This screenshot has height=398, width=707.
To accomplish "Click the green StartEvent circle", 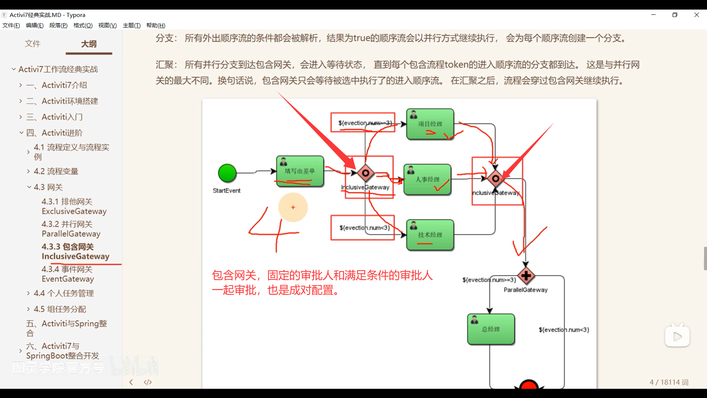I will coord(227,173).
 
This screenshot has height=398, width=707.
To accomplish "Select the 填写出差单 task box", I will coord(300,171).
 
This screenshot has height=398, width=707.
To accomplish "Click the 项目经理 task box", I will coord(430,124).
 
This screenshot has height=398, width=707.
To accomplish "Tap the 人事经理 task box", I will coord(427,179).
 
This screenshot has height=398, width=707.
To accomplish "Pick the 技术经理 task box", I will coord(430,235).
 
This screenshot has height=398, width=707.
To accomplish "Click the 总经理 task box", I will coord(491,329).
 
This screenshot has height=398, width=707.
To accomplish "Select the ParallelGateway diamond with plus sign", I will coord(526,276).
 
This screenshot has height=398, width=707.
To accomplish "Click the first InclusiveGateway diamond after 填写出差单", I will coord(365,173).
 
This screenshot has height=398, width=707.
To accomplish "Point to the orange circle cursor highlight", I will coord(293,207).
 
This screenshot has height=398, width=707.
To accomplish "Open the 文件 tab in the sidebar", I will coord(32,44).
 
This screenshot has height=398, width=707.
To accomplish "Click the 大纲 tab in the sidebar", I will coord(89,44).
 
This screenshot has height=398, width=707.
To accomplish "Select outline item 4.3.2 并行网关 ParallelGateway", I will coord(71,229).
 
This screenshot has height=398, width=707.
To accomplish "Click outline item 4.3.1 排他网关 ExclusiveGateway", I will coord(74,206).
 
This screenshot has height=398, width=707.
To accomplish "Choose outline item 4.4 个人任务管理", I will coord(64,293).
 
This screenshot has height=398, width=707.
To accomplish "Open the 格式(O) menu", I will coord(83,25).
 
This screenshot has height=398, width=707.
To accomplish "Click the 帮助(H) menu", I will coord(156,25).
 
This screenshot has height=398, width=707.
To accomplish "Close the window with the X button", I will coord(696,15).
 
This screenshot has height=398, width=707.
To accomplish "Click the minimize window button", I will coord(654,15).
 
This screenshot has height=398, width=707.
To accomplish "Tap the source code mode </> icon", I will coord(148,382).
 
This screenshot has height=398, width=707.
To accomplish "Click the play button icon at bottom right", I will coord(677,336).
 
